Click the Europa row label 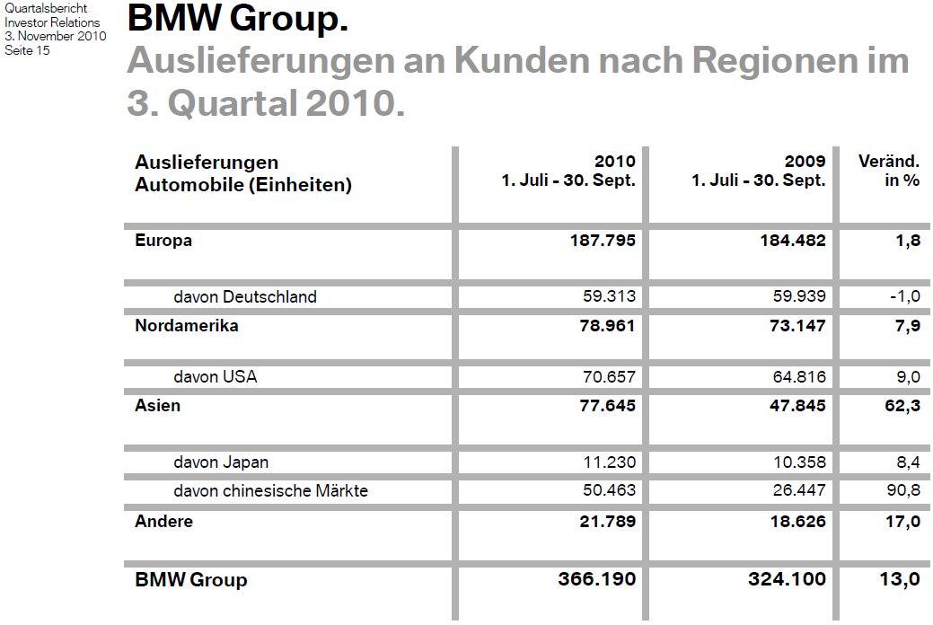163,241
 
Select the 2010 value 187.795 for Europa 602,241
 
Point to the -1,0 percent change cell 902,296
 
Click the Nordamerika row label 187,326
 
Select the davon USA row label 215,376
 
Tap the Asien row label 157,406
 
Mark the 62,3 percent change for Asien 901,406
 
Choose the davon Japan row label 221,462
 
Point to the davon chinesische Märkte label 270,491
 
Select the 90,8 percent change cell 901,491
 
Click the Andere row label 163,521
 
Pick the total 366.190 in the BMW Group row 596,579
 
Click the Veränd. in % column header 889,171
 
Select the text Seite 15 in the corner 27,50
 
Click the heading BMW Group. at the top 238,20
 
